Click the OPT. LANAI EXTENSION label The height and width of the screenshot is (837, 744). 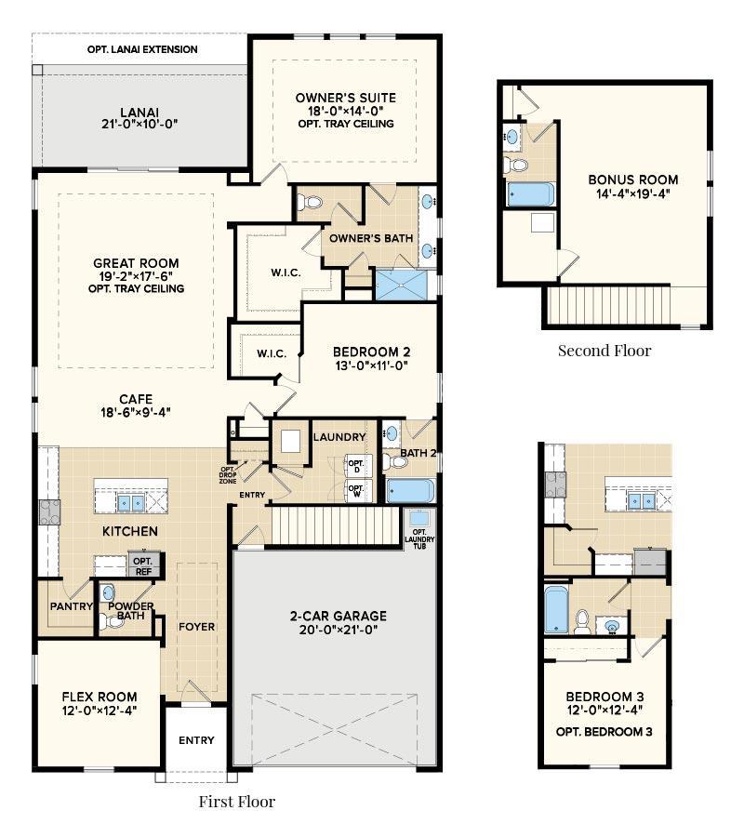(x=143, y=49)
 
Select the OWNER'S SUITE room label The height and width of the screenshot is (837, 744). (x=345, y=98)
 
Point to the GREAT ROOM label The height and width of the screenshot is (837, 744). (x=136, y=263)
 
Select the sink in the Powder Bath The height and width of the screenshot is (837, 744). (x=108, y=592)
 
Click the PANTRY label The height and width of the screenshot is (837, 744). (x=72, y=607)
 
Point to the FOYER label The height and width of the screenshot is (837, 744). (x=196, y=626)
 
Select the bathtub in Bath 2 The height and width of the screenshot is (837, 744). (x=409, y=490)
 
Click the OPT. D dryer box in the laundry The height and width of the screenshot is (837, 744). (x=355, y=463)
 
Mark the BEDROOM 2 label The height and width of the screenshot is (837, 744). (x=371, y=352)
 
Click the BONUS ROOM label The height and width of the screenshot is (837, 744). (x=632, y=179)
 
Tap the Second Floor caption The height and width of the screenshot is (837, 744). (x=604, y=351)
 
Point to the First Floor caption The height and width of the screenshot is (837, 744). (x=237, y=801)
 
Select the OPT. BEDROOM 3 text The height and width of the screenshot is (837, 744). (x=604, y=731)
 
